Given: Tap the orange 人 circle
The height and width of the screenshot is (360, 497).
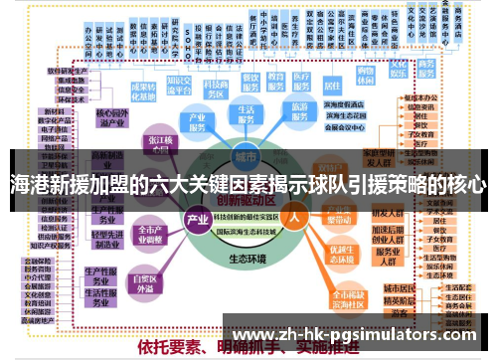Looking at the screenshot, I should pos(294,216).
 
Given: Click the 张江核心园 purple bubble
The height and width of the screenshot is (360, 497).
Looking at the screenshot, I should pos(158,145).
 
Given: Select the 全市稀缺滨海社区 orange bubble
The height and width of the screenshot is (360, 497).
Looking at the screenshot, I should pos(348,296).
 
